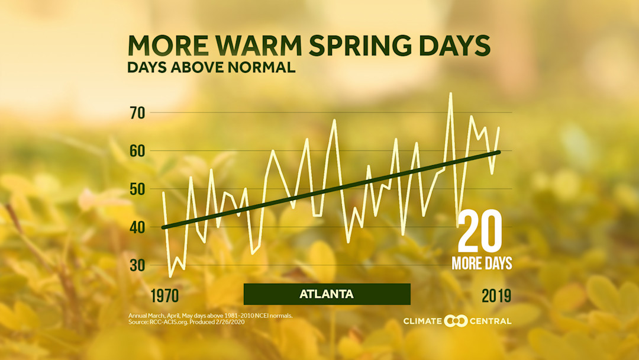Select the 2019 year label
tap(496, 295)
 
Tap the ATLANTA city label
tap(327, 294)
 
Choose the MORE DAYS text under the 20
tap(482, 263)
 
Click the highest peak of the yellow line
tap(450, 93)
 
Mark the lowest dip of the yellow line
tap(170, 277)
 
